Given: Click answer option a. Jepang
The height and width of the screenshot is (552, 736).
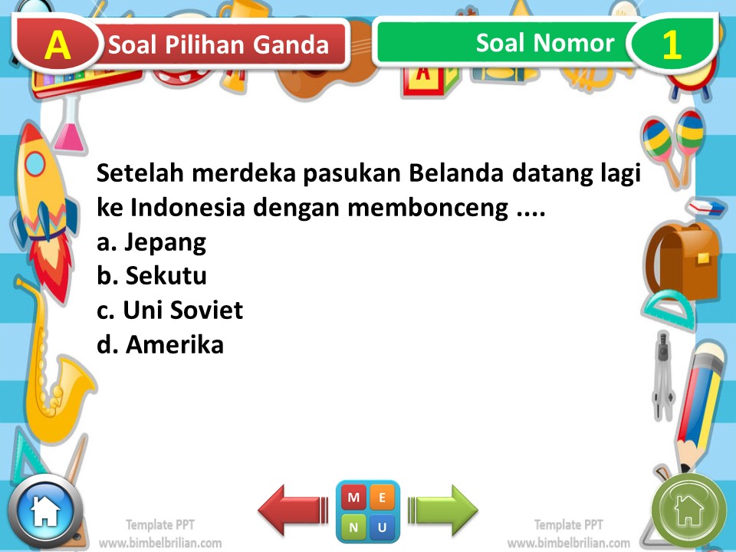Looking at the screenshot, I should [x=152, y=243].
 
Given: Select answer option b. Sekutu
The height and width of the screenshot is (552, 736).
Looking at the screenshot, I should [x=152, y=276].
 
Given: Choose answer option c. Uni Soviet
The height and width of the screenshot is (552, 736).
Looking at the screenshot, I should [x=169, y=310].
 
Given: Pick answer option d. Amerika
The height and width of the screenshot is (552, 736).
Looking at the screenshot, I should [x=160, y=344].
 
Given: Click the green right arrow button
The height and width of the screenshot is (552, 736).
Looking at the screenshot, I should [x=442, y=510].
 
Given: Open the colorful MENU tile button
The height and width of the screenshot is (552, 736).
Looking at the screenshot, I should [x=367, y=512].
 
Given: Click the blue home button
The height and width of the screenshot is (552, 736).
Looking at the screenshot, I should [x=45, y=511].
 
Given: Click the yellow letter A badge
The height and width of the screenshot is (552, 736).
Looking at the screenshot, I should [x=58, y=45].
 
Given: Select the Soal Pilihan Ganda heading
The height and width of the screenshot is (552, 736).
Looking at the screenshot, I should [x=219, y=45].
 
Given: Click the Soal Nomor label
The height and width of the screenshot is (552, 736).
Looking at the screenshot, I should [x=544, y=43].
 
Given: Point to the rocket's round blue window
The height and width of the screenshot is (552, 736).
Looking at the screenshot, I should [x=36, y=163].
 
